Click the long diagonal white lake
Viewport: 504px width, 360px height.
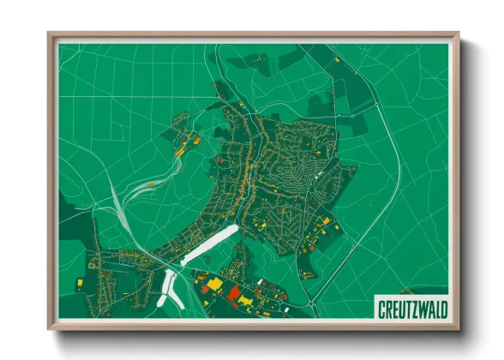pos(207,243)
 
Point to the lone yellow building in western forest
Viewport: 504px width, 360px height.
pos(79,280)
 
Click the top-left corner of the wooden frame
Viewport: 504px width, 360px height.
pos(49,34)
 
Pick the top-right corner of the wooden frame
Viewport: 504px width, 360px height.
pos(459,34)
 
